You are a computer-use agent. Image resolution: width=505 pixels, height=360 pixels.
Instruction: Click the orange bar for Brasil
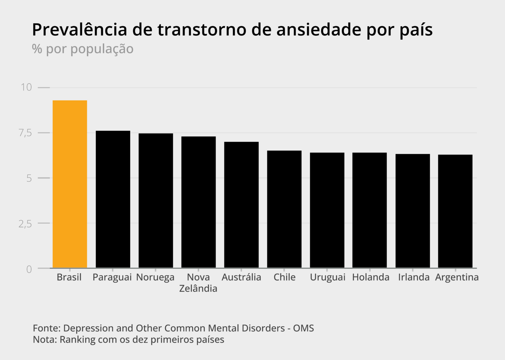[70, 184]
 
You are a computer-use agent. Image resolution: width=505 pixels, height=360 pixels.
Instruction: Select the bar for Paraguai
[113, 199]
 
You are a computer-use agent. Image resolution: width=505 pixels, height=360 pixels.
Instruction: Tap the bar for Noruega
[156, 200]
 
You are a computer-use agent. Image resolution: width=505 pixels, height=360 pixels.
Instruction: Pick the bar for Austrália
[241, 205]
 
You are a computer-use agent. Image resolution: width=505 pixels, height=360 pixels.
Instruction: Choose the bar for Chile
[284, 209]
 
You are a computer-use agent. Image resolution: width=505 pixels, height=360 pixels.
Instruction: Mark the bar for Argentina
[455, 211]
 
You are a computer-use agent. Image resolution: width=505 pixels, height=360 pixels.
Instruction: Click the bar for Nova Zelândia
[198, 202]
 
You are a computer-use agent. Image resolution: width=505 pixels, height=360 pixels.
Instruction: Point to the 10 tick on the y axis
[26, 87]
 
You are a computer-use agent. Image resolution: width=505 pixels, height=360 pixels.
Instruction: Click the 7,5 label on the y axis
[25, 133]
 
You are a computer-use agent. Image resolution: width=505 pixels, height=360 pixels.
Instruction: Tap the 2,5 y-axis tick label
[25, 224]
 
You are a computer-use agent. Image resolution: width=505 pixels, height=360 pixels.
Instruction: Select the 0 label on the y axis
[29, 269]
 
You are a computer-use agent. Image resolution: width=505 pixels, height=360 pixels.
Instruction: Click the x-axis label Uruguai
[327, 277]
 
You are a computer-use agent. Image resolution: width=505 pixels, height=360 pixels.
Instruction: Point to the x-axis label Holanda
[371, 277]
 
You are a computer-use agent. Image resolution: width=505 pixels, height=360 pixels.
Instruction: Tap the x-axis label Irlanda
[414, 277]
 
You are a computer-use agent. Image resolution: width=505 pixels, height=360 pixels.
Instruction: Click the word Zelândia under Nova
[198, 288]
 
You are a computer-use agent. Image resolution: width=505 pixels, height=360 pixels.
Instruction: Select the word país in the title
[416, 30]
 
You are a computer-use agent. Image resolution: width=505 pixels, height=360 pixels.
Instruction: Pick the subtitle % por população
[83, 49]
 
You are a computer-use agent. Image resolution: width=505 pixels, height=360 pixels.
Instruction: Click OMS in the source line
[303, 328]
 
